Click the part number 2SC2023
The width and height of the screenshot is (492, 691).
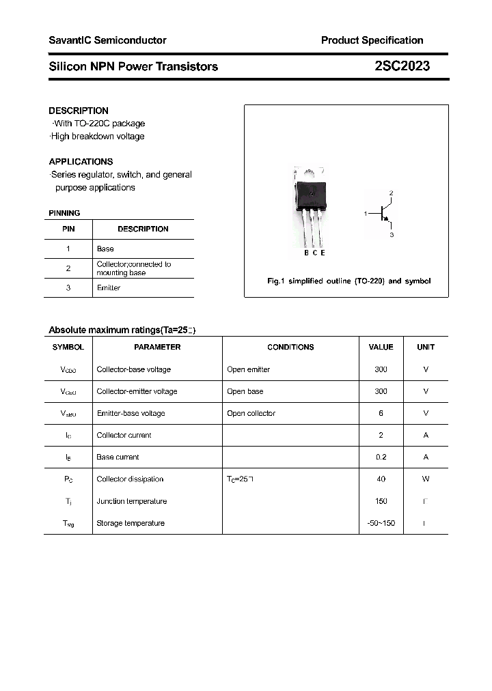(x=402, y=66)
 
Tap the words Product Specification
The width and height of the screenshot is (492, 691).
(x=372, y=40)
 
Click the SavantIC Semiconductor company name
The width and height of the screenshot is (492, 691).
(x=107, y=40)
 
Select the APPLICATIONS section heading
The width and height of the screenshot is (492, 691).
(x=81, y=162)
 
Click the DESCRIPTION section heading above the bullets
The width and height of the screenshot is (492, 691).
(x=79, y=111)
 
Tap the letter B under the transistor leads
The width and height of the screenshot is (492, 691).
(x=306, y=253)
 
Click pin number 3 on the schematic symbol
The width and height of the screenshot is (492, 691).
(x=392, y=234)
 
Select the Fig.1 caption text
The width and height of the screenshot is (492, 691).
(x=348, y=281)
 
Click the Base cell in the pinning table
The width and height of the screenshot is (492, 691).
(x=105, y=249)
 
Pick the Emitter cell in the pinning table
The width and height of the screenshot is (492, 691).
(x=109, y=288)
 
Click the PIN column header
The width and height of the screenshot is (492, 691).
(x=68, y=229)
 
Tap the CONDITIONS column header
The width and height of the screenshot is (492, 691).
(x=290, y=348)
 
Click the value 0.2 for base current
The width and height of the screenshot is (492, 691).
(x=381, y=457)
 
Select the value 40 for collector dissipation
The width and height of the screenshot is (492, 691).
(x=381, y=479)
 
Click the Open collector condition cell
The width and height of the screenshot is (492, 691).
(x=251, y=414)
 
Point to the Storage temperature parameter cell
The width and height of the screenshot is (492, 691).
(x=131, y=524)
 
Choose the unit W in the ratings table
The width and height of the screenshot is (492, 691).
(x=426, y=479)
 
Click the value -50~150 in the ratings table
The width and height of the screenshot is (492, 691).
(x=381, y=524)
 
